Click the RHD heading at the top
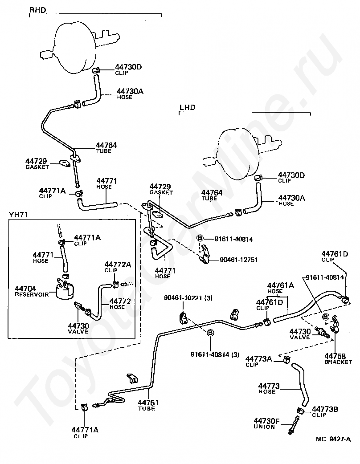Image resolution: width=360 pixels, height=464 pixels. [38, 10]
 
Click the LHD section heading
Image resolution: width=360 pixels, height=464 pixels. [188, 107]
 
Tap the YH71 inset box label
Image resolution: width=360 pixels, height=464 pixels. [18, 215]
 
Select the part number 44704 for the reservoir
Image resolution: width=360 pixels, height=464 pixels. [26, 288]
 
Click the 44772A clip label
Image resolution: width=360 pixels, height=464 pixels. [118, 264]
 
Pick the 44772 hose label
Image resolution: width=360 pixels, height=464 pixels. [120, 301]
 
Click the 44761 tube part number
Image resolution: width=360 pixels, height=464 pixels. [148, 403]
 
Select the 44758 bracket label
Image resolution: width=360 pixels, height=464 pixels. [335, 356]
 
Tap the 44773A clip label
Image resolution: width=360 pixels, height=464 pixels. [258, 358]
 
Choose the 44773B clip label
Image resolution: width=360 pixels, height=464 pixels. [325, 409]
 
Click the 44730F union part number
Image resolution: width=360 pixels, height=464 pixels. [267, 420]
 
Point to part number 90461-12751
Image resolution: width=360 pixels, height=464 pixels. [239, 260]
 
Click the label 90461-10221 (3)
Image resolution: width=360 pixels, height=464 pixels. [188, 298]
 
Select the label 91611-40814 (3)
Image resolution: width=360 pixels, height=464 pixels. [215, 354]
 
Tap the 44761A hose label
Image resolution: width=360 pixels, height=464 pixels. [281, 285]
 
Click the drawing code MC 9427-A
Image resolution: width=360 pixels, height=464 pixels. [333, 439]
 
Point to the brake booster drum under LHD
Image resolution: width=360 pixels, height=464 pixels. [237, 154]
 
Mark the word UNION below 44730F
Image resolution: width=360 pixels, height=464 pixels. [264, 427]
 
